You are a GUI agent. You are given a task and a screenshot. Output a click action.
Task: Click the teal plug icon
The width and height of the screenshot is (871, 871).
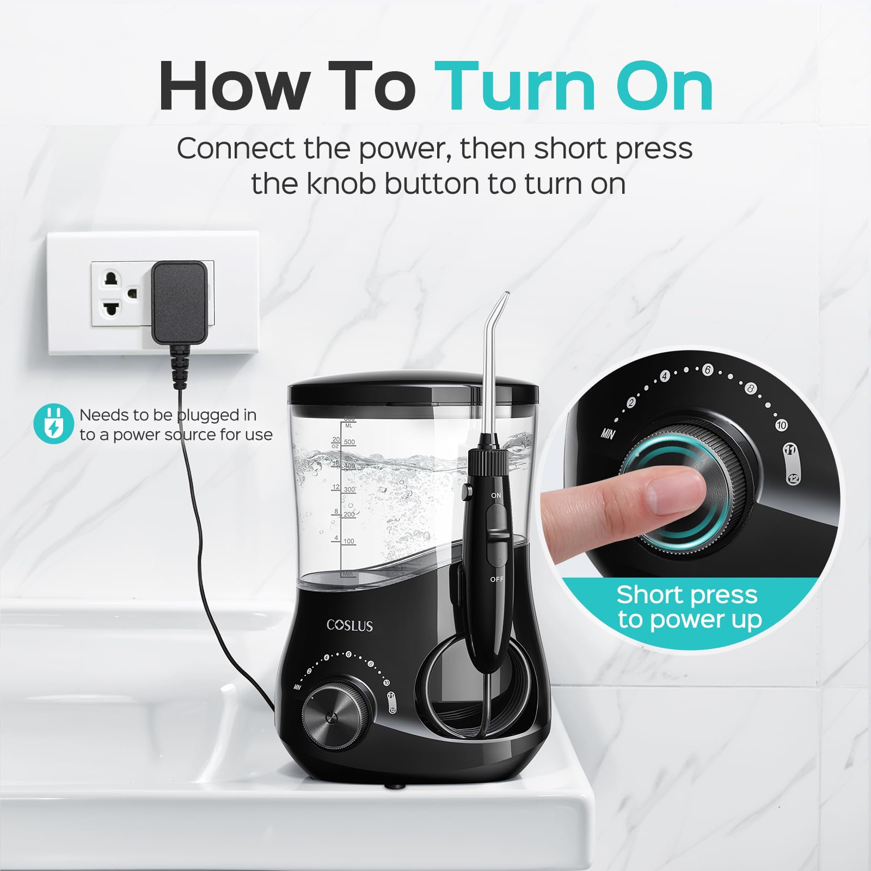[53, 424]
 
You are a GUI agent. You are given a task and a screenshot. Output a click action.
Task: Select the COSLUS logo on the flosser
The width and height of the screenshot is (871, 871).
[350, 625]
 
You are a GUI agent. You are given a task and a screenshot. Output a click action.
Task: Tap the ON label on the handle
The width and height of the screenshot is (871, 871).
[495, 495]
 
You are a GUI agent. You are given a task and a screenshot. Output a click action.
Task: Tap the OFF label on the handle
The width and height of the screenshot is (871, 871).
[496, 579]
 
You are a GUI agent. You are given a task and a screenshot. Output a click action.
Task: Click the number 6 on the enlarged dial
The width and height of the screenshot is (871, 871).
[707, 370]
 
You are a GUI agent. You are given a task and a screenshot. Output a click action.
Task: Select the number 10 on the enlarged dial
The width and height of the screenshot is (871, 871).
[781, 425]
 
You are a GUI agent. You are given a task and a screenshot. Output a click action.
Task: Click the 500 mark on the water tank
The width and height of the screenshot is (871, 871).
[349, 443]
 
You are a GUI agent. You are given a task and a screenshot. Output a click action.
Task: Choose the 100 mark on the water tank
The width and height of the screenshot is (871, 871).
[349, 541]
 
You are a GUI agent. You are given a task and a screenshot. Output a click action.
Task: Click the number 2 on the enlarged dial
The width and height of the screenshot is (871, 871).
[631, 403]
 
